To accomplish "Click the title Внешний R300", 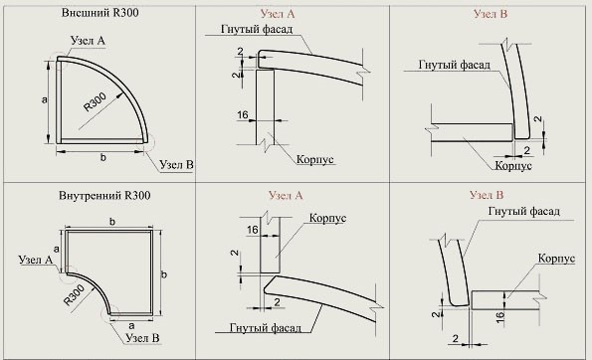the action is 99,13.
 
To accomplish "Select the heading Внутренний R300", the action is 104,196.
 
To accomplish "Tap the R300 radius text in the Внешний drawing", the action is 95,102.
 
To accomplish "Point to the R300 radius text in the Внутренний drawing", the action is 74,295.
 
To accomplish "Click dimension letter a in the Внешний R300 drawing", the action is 45,100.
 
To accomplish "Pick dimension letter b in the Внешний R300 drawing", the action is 103,158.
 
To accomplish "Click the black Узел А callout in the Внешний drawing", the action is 88,41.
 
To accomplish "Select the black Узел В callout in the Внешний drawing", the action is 176,164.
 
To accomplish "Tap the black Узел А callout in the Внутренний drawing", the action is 36,260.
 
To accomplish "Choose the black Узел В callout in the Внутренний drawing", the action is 142,338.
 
